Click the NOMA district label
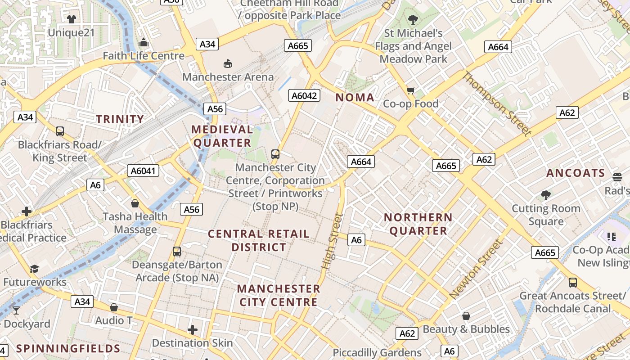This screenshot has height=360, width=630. coord(355,98)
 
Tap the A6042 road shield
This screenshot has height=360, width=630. coord(305,95)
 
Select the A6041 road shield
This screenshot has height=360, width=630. coord(144,171)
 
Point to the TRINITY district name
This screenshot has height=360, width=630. coord(120,119)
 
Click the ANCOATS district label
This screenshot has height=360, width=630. coord(576,173)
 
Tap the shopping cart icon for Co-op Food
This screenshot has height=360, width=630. coord(410,91)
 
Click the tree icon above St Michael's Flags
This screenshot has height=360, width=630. coord(413,20)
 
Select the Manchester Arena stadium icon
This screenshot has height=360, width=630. coord(228,64)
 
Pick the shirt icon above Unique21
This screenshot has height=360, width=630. coord(72,19)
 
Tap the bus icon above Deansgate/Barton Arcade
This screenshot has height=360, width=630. coord(177,252)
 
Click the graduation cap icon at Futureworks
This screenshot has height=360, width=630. coord(35,269)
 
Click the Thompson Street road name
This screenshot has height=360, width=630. coord(497,103)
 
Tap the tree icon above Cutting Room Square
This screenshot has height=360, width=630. coord(546,195)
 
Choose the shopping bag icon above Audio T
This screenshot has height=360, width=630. coord(114,307)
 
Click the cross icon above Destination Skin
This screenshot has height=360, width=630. coord(193,330)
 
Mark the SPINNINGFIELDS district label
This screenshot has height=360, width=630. coord(68,349)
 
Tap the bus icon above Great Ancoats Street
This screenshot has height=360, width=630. coord(572,283)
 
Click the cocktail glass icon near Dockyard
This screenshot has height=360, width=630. coord(16,310)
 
